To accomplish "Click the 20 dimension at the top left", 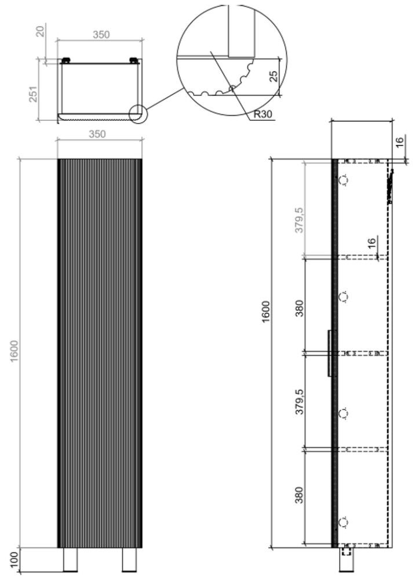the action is click(41, 30).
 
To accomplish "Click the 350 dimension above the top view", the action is click(101, 34).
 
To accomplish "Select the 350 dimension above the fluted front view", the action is click(97, 134).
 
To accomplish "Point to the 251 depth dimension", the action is click(34, 94).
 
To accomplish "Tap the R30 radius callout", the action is click(263, 114).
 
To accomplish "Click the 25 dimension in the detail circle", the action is click(274, 76).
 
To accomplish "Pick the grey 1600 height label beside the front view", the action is click(14, 351).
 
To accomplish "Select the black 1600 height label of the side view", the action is click(267, 312).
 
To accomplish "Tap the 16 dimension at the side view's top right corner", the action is click(400, 142).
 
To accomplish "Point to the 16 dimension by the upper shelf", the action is click(372, 242).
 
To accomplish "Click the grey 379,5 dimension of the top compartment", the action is click(299, 220).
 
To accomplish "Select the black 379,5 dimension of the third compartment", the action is click(299, 401).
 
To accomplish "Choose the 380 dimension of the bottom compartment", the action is click(299, 495).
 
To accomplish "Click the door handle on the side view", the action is click(329, 353).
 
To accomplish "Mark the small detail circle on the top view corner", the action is click(138, 114).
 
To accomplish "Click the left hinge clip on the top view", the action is click(65, 60).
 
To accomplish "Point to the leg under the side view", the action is click(346, 560).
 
